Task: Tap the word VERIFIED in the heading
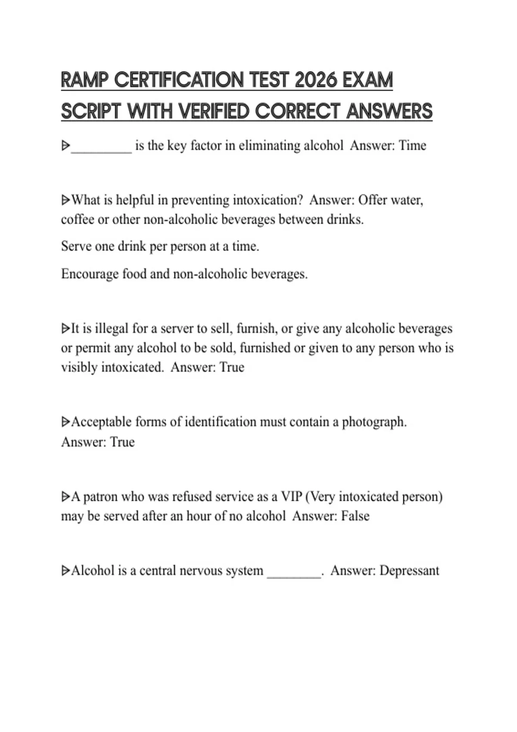(x=214, y=111)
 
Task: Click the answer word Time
(x=412, y=146)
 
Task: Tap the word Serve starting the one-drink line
(x=76, y=246)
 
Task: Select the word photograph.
(x=374, y=422)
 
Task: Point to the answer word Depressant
(x=409, y=571)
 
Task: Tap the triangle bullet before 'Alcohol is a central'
(x=65, y=571)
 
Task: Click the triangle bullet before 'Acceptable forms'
(x=65, y=422)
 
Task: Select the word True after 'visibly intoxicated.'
(x=232, y=367)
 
